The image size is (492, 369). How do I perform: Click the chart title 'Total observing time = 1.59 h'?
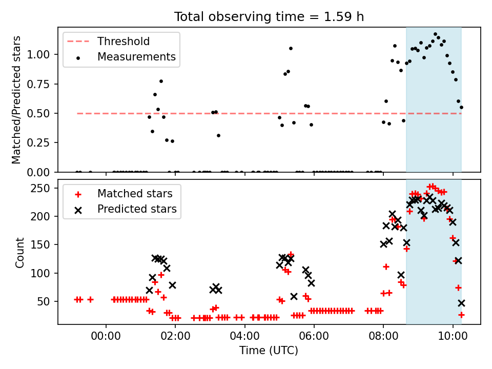[269, 16]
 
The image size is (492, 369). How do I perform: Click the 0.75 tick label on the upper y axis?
[38, 84]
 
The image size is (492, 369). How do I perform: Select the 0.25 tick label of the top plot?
[38, 143]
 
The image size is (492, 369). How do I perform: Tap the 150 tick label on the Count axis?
[40, 245]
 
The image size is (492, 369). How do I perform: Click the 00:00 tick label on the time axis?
[106, 336]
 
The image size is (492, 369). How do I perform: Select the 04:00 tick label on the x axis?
[244, 336]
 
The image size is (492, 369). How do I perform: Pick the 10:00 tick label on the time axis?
[453, 336]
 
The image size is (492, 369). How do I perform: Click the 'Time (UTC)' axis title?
[269, 350]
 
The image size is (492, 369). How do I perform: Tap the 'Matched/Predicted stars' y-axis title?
[16, 100]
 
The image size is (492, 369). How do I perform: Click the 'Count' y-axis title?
[19, 253]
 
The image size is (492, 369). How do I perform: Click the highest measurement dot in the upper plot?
[435, 34]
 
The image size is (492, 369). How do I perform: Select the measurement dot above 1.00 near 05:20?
[291, 48]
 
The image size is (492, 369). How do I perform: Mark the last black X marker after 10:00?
[461, 303]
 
